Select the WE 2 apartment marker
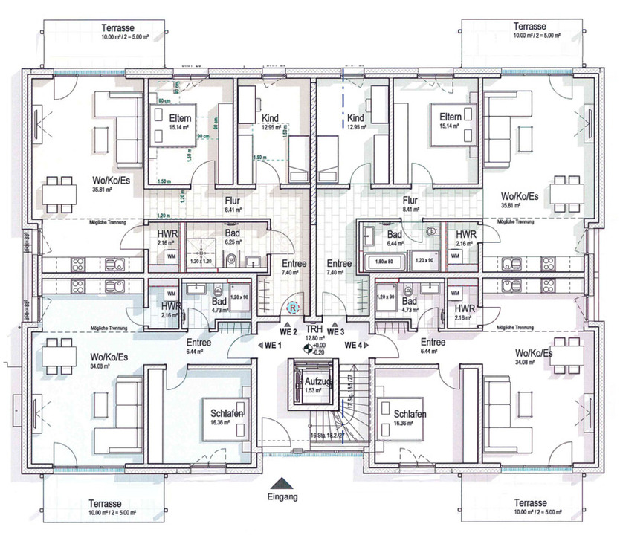(288, 331)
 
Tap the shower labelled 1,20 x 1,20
(200, 262)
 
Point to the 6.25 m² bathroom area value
(234, 242)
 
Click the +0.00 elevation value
(319, 346)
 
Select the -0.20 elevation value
(319, 352)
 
